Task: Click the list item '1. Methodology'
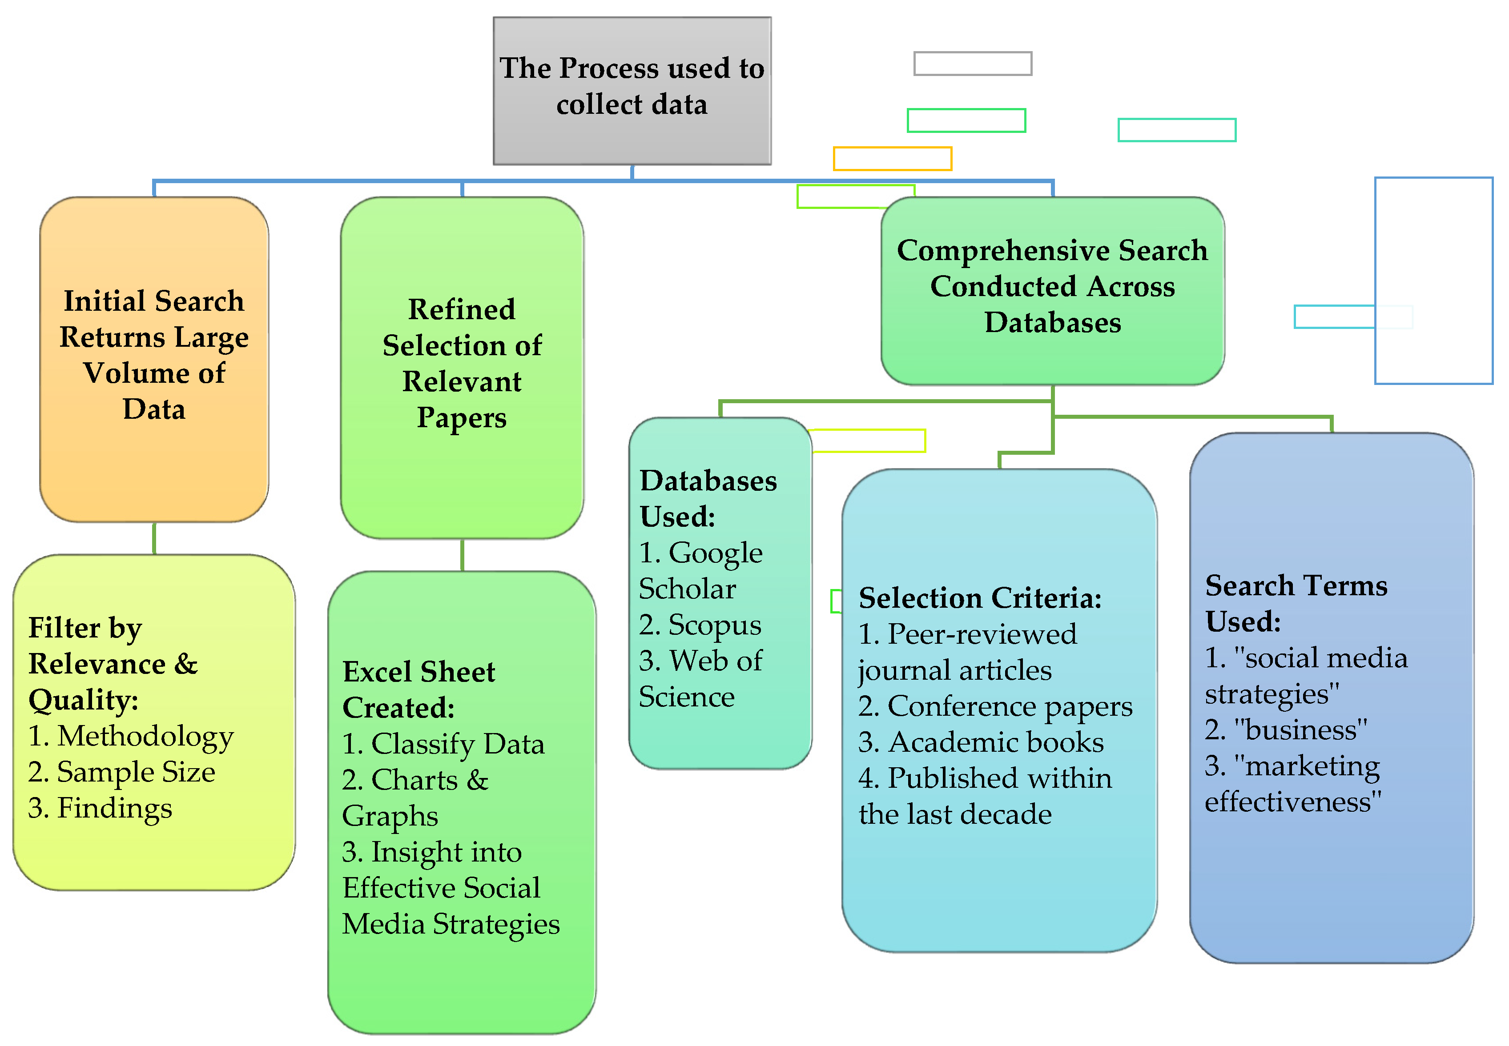point(130,736)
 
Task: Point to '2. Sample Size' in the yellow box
point(121,772)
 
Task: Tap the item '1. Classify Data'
point(443,744)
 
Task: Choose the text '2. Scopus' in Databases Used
point(700,625)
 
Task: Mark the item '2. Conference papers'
point(994,706)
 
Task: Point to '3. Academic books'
point(981,742)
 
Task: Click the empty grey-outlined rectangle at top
point(972,64)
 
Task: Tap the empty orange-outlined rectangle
point(892,159)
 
